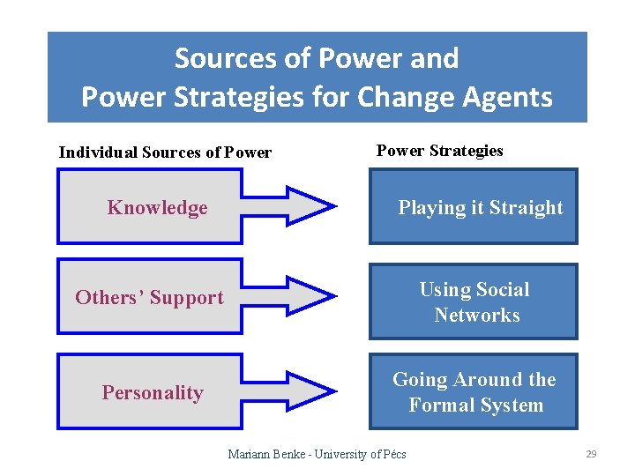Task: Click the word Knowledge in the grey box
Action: (157, 208)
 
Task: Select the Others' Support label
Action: (149, 298)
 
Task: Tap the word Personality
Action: (152, 393)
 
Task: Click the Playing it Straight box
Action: (473, 207)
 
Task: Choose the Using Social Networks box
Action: (473, 302)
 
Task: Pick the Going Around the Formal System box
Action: (473, 392)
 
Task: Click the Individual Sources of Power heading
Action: (165, 152)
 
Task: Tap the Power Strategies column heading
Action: (439, 151)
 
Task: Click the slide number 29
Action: (591, 454)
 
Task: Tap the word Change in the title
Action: (403, 96)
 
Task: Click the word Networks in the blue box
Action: (476, 316)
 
